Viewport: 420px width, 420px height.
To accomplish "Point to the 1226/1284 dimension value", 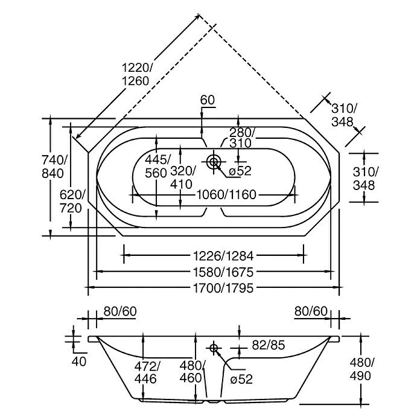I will (x=214, y=255).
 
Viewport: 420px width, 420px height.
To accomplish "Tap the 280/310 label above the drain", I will (x=242, y=138).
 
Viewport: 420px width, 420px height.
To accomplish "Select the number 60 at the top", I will (x=208, y=100).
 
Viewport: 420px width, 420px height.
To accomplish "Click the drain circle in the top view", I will (x=213, y=161).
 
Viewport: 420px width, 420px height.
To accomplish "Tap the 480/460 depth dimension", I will (x=192, y=372).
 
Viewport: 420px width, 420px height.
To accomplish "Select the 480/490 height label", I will (x=361, y=369).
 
